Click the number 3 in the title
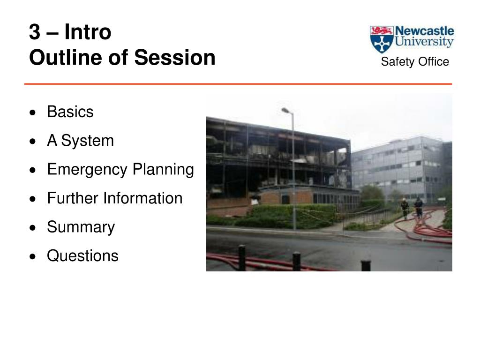click(x=35, y=32)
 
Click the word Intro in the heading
click(x=88, y=31)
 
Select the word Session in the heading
click(x=175, y=57)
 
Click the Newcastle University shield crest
click(x=381, y=39)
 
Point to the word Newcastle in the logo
click(x=424, y=31)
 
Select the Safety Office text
click(x=415, y=61)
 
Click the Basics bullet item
click(x=70, y=112)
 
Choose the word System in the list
click(x=87, y=141)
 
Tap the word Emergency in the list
click(x=87, y=170)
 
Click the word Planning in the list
click(x=163, y=170)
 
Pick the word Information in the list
click(x=143, y=198)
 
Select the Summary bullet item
click(x=81, y=227)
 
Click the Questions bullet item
click(x=82, y=255)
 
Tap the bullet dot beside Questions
click(x=33, y=256)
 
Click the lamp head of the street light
click(x=285, y=110)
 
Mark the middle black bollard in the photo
click(x=296, y=261)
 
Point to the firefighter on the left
click(x=405, y=209)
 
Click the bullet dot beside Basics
click(x=33, y=112)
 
